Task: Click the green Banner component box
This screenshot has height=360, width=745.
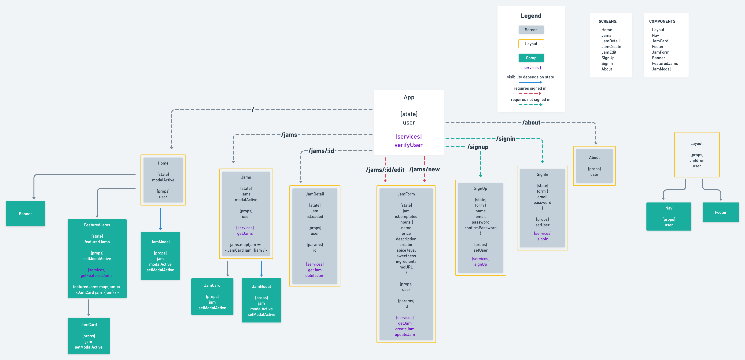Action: coord(26,214)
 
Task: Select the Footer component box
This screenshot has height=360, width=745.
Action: coord(720,212)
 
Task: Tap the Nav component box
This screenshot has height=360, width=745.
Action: coord(668,216)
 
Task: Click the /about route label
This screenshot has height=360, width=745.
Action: coord(531,123)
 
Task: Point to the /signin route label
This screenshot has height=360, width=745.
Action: coord(505,139)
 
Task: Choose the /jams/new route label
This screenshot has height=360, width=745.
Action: coord(424,169)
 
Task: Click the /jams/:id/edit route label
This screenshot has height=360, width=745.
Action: coord(385,170)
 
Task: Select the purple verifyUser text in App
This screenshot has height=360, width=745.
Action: coord(408,145)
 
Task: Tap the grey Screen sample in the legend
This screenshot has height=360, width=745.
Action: coord(531,30)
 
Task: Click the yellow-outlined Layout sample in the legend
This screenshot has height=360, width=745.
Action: coord(531,44)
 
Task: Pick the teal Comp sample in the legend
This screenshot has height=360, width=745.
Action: coord(531,58)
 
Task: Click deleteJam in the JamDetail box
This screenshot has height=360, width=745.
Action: coord(315,276)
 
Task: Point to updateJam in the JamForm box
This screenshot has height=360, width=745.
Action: coord(405,334)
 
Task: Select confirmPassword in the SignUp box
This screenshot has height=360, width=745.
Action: coord(480,228)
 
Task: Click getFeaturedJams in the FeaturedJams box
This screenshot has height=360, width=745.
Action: coord(97,276)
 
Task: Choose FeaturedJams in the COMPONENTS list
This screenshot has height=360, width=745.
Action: coord(665,64)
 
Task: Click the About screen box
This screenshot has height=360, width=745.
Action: coord(594,166)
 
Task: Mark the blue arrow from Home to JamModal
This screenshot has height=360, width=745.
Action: coord(160,219)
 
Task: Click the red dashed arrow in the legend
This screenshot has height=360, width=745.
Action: coord(530,93)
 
